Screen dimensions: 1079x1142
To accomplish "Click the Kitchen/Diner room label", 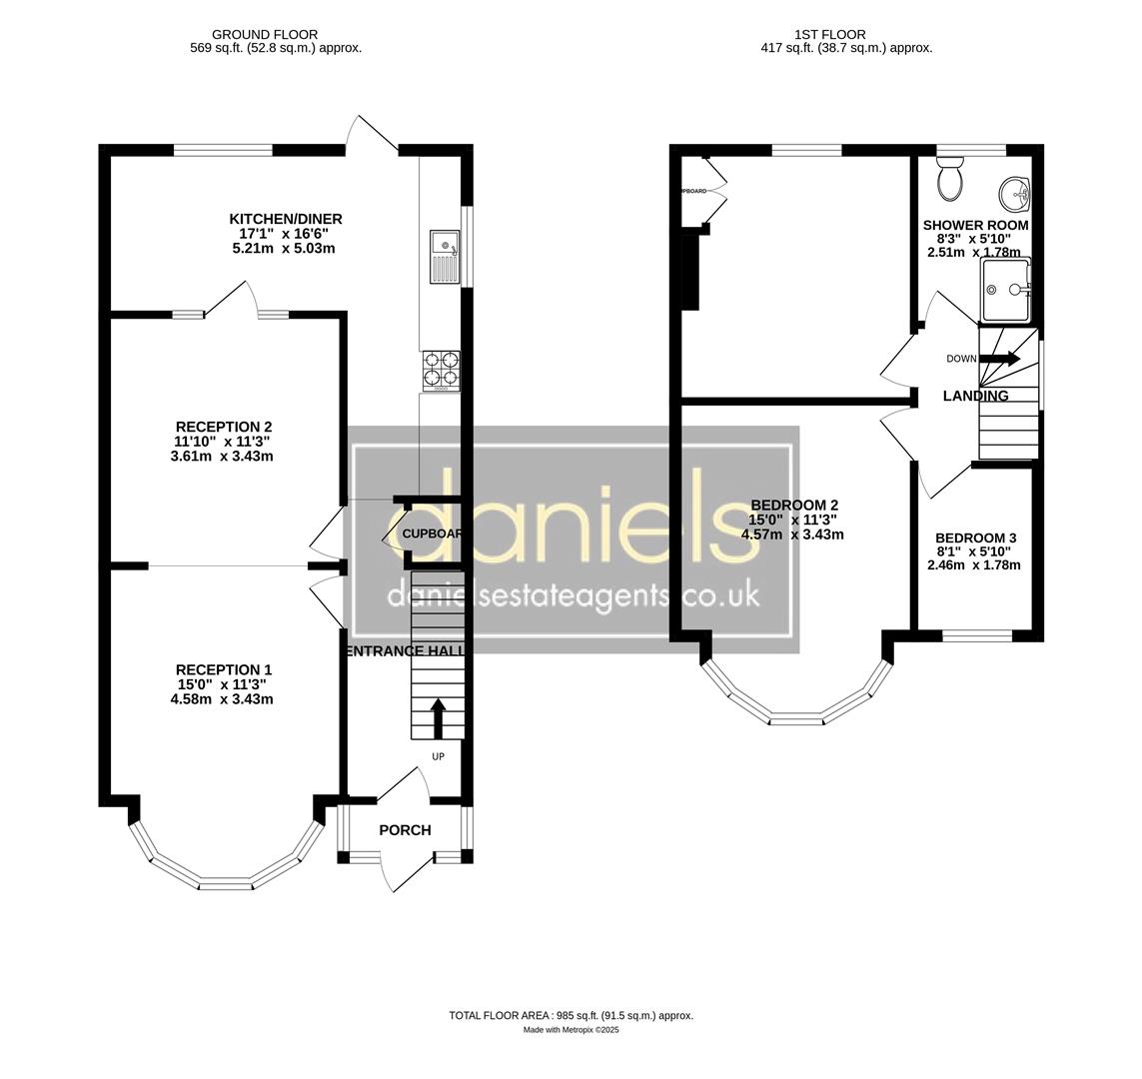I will coord(286,219).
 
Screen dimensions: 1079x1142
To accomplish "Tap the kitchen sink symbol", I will coord(445,256).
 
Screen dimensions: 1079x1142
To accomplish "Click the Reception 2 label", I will coord(223,427).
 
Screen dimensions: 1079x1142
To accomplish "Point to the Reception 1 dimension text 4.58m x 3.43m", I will coord(221,699).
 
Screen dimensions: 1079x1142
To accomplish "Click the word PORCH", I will coord(405,830).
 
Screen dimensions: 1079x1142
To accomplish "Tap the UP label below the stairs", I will coord(438,756).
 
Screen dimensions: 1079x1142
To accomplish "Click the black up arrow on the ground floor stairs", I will coord(438,717).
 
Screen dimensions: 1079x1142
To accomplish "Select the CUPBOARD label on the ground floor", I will coord(432,534).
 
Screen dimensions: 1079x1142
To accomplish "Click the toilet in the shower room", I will coord(950,181).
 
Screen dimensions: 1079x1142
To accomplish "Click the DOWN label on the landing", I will coord(961,359).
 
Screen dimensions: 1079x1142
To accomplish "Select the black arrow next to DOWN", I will coord(1000,359).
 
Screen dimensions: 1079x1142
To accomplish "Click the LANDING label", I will coord(975,396).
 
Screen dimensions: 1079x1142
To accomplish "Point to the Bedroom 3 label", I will coord(975,538).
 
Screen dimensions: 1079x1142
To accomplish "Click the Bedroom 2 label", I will coord(793,505).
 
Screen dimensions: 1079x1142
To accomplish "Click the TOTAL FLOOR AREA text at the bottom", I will coord(571,1015).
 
